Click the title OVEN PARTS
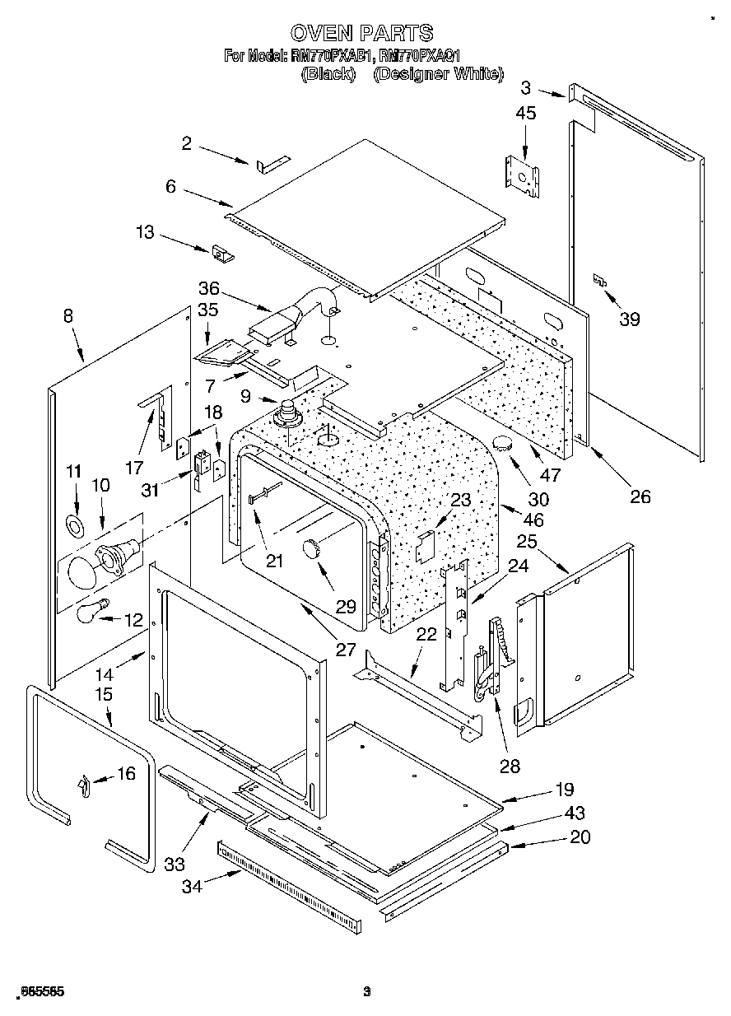point(362,33)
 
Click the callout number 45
point(525,113)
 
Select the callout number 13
point(145,233)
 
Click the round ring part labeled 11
point(76,526)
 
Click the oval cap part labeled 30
point(505,445)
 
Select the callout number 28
point(510,766)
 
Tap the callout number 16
point(125,773)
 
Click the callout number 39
point(629,319)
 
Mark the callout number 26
point(640,496)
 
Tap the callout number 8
point(68,315)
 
